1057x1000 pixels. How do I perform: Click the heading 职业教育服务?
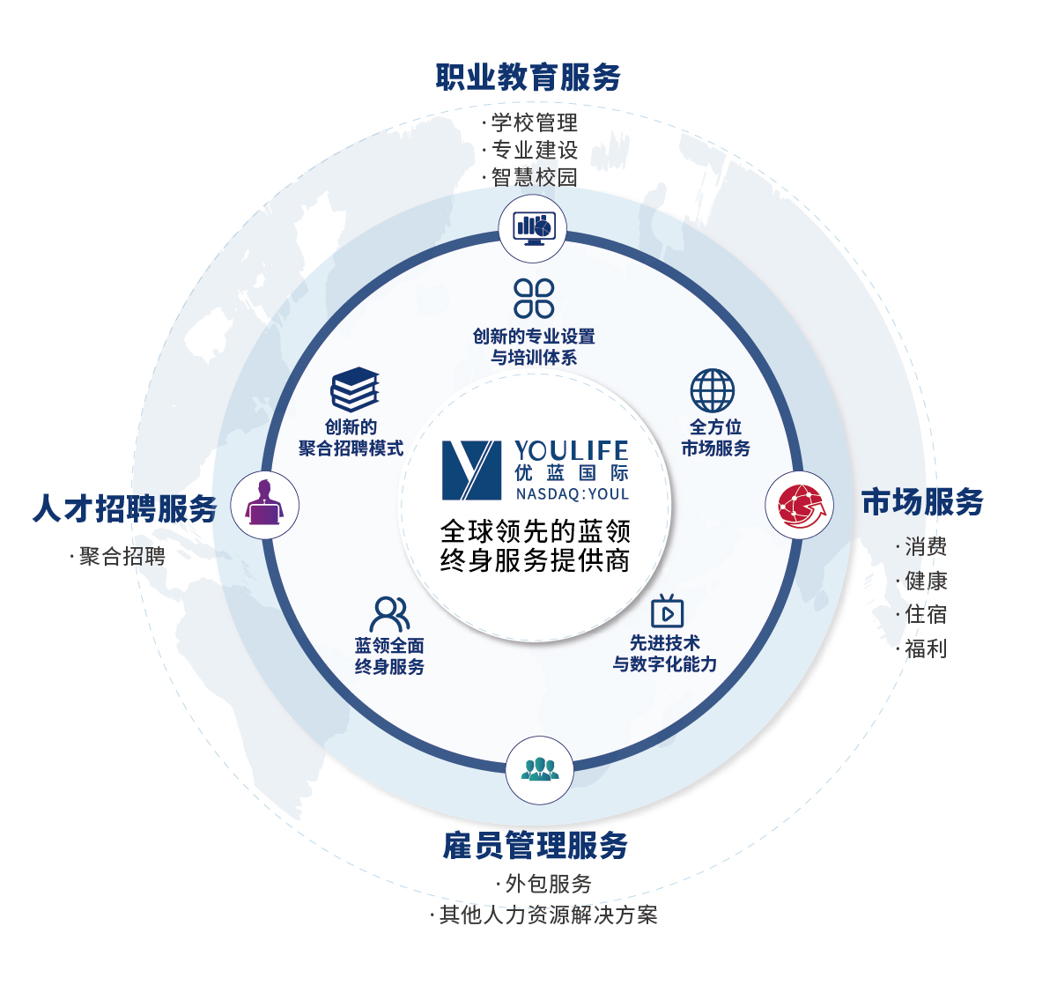click(528, 78)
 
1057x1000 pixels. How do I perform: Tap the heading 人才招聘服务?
click(124, 508)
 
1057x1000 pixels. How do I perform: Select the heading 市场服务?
click(922, 502)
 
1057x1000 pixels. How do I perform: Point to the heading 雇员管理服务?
click(536, 846)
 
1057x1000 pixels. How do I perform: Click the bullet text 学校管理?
click(534, 122)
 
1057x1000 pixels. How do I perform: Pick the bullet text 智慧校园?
click(534, 177)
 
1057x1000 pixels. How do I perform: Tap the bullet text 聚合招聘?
click(122, 556)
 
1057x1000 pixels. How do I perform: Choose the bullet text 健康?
click(926, 581)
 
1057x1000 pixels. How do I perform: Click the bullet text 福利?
click(926, 648)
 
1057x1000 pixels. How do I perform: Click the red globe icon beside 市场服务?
click(800, 506)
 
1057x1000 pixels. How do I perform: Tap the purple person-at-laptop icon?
click(264, 505)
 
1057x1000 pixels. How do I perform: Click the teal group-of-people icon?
click(539, 769)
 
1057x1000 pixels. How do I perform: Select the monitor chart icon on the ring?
click(533, 228)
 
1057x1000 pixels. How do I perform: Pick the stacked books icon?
click(354, 389)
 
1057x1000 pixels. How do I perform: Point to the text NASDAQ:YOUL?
click(573, 494)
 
